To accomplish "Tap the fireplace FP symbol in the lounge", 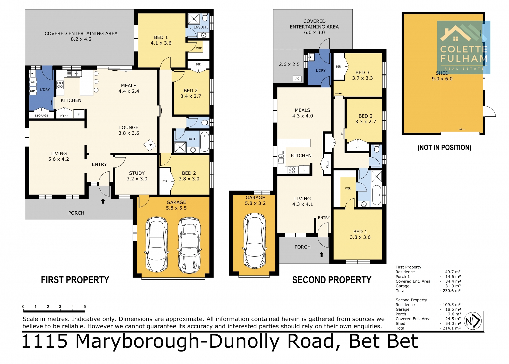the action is pyautogui.click(x=150, y=145).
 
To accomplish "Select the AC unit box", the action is pyautogui.click(x=297, y=79).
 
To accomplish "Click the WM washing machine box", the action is pyautogui.click(x=33, y=82).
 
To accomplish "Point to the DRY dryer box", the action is pyautogui.click(x=33, y=91).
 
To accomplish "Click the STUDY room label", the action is pyautogui.click(x=137, y=173).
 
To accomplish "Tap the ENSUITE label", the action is pyautogui.click(x=201, y=27).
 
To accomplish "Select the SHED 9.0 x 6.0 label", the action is pyautogui.click(x=442, y=76).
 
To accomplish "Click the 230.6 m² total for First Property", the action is pyautogui.click(x=451, y=291).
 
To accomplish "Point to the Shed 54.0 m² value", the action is pyautogui.click(x=453, y=323).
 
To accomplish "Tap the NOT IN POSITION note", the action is pyautogui.click(x=444, y=148).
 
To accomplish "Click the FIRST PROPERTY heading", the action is pyautogui.click(x=75, y=280).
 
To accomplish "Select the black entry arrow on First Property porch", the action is pyautogui.click(x=103, y=201).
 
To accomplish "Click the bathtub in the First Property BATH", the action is pyautogui.click(x=204, y=142).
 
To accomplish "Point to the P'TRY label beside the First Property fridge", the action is pyautogui.click(x=64, y=116).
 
